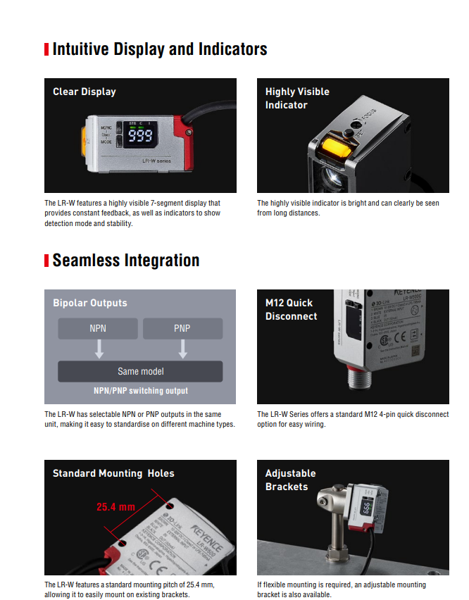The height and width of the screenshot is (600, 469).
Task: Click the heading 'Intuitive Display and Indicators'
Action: point(160,49)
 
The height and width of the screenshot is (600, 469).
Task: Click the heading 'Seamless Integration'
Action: point(126,261)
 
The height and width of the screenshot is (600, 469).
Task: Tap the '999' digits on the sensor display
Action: point(139,136)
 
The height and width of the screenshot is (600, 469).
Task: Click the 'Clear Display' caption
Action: point(85,92)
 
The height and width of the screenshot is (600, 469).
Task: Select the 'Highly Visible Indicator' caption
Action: point(297,98)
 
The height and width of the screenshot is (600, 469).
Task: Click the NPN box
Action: point(98,329)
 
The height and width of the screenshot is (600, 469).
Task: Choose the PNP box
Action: point(182,329)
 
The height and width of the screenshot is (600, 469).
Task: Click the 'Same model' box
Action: point(140,371)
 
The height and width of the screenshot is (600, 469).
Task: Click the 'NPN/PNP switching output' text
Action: point(141,391)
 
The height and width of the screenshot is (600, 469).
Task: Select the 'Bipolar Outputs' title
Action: point(90,303)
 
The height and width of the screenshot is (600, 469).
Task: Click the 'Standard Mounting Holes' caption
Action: point(113,473)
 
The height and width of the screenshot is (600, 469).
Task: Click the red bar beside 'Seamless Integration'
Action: point(46,261)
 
